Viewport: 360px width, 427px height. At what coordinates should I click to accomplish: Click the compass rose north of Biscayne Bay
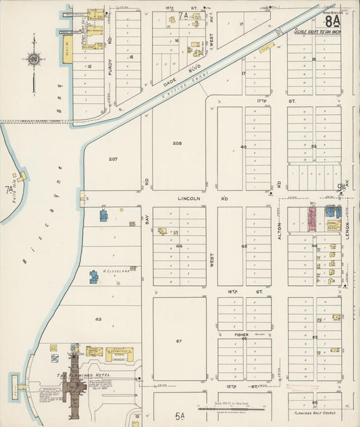point(34,59)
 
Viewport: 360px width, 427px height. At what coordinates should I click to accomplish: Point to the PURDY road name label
point(109,66)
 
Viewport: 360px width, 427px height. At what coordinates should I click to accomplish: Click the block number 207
point(113,159)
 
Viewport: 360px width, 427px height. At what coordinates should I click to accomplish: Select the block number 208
point(177,143)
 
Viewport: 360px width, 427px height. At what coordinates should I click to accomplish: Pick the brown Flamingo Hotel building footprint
point(72,386)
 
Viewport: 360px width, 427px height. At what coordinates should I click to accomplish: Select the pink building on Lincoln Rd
point(313,220)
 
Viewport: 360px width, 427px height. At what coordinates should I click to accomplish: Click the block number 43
point(98,319)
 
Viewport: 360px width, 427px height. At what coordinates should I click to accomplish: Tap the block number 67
point(179,341)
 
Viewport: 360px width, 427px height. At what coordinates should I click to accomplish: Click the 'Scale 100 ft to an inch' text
point(317,30)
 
